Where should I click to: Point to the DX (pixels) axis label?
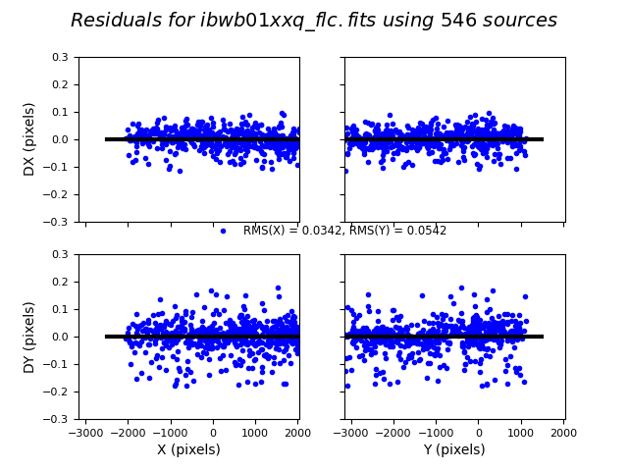click(x=29, y=139)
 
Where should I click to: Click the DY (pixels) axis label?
click(x=29, y=337)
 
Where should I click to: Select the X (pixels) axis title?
click(x=188, y=450)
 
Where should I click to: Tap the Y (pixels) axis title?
click(x=454, y=450)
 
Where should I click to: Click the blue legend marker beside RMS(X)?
click(x=223, y=231)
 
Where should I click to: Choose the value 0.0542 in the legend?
click(x=427, y=231)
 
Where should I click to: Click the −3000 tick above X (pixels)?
click(x=85, y=432)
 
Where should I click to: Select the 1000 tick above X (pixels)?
click(x=255, y=432)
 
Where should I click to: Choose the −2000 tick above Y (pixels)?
click(x=393, y=432)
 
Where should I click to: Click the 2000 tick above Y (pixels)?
click(x=563, y=432)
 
